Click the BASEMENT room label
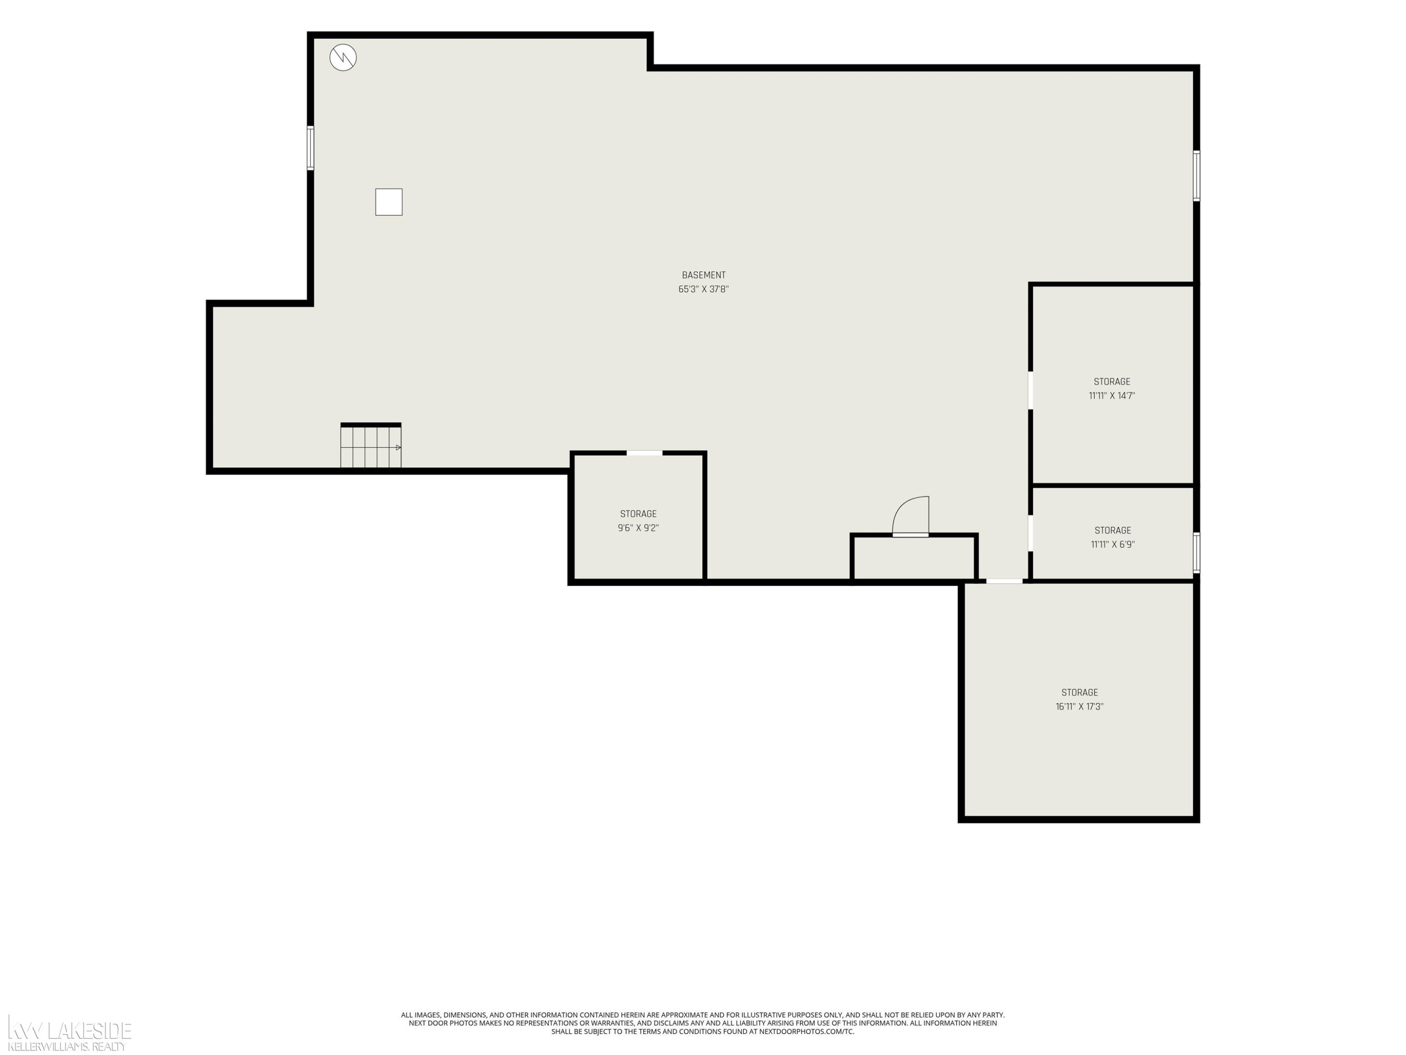[703, 275]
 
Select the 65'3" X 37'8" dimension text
[703, 289]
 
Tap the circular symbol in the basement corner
[343, 58]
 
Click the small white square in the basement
[389, 202]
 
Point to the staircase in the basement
[371, 446]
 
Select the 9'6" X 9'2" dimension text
[638, 528]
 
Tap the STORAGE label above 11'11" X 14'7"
[1112, 382]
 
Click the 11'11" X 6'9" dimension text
[1112, 544]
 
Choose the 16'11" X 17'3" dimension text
[1079, 707]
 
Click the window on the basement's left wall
[310, 148]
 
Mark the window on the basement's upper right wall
[1196, 176]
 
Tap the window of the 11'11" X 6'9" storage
[1196, 553]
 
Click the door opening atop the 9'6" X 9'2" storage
[644, 453]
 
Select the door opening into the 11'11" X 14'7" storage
[1030, 391]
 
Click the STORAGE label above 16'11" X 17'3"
[1079, 693]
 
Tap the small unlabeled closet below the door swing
[914, 558]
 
